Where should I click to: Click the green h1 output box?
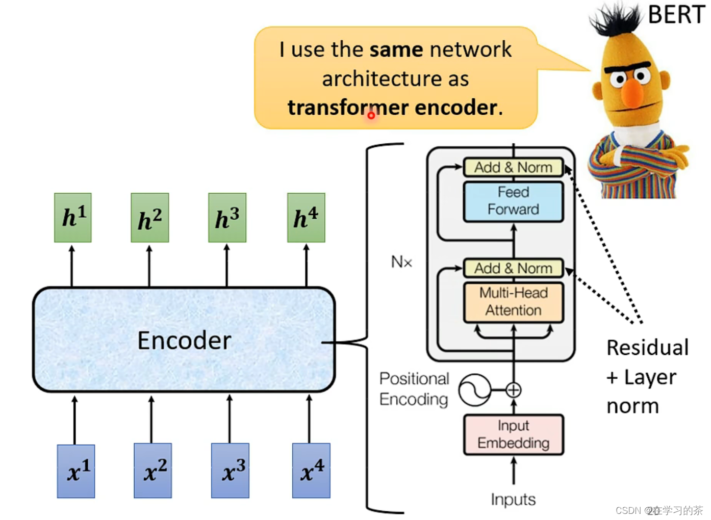pyautogui.click(x=73, y=217)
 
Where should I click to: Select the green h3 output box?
pyautogui.click(x=227, y=217)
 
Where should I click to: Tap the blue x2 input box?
pyautogui.click(x=153, y=470)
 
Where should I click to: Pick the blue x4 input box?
pyautogui.click(x=311, y=470)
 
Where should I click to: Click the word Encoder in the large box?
pyautogui.click(x=184, y=341)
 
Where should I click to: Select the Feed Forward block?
pyautogui.click(x=513, y=201)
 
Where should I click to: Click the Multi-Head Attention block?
pyautogui.click(x=513, y=302)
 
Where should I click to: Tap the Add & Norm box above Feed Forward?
pyautogui.click(x=513, y=167)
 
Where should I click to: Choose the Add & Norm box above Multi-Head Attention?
pyautogui.click(x=513, y=268)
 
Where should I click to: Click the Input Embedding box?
pyautogui.click(x=513, y=434)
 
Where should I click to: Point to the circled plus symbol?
pyautogui.click(x=514, y=390)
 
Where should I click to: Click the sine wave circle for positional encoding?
pyautogui.click(x=474, y=390)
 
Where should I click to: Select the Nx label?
pyautogui.click(x=401, y=262)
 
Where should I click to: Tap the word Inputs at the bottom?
pyautogui.click(x=513, y=500)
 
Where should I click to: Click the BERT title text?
pyautogui.click(x=676, y=14)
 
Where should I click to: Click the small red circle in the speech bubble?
pyautogui.click(x=371, y=116)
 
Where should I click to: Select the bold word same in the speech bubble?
pyautogui.click(x=396, y=49)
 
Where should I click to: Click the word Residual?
pyautogui.click(x=647, y=348)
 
